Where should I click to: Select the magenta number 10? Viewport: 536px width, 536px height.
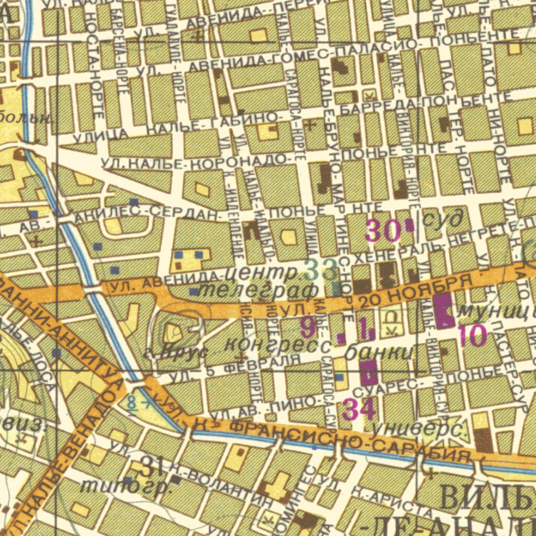(473, 336)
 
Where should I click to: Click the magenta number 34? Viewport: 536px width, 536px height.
(359, 410)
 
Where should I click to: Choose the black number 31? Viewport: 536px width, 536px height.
(151, 466)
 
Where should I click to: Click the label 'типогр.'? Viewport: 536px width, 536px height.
(126, 486)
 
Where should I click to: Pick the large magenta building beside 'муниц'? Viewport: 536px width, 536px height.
(443, 311)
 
